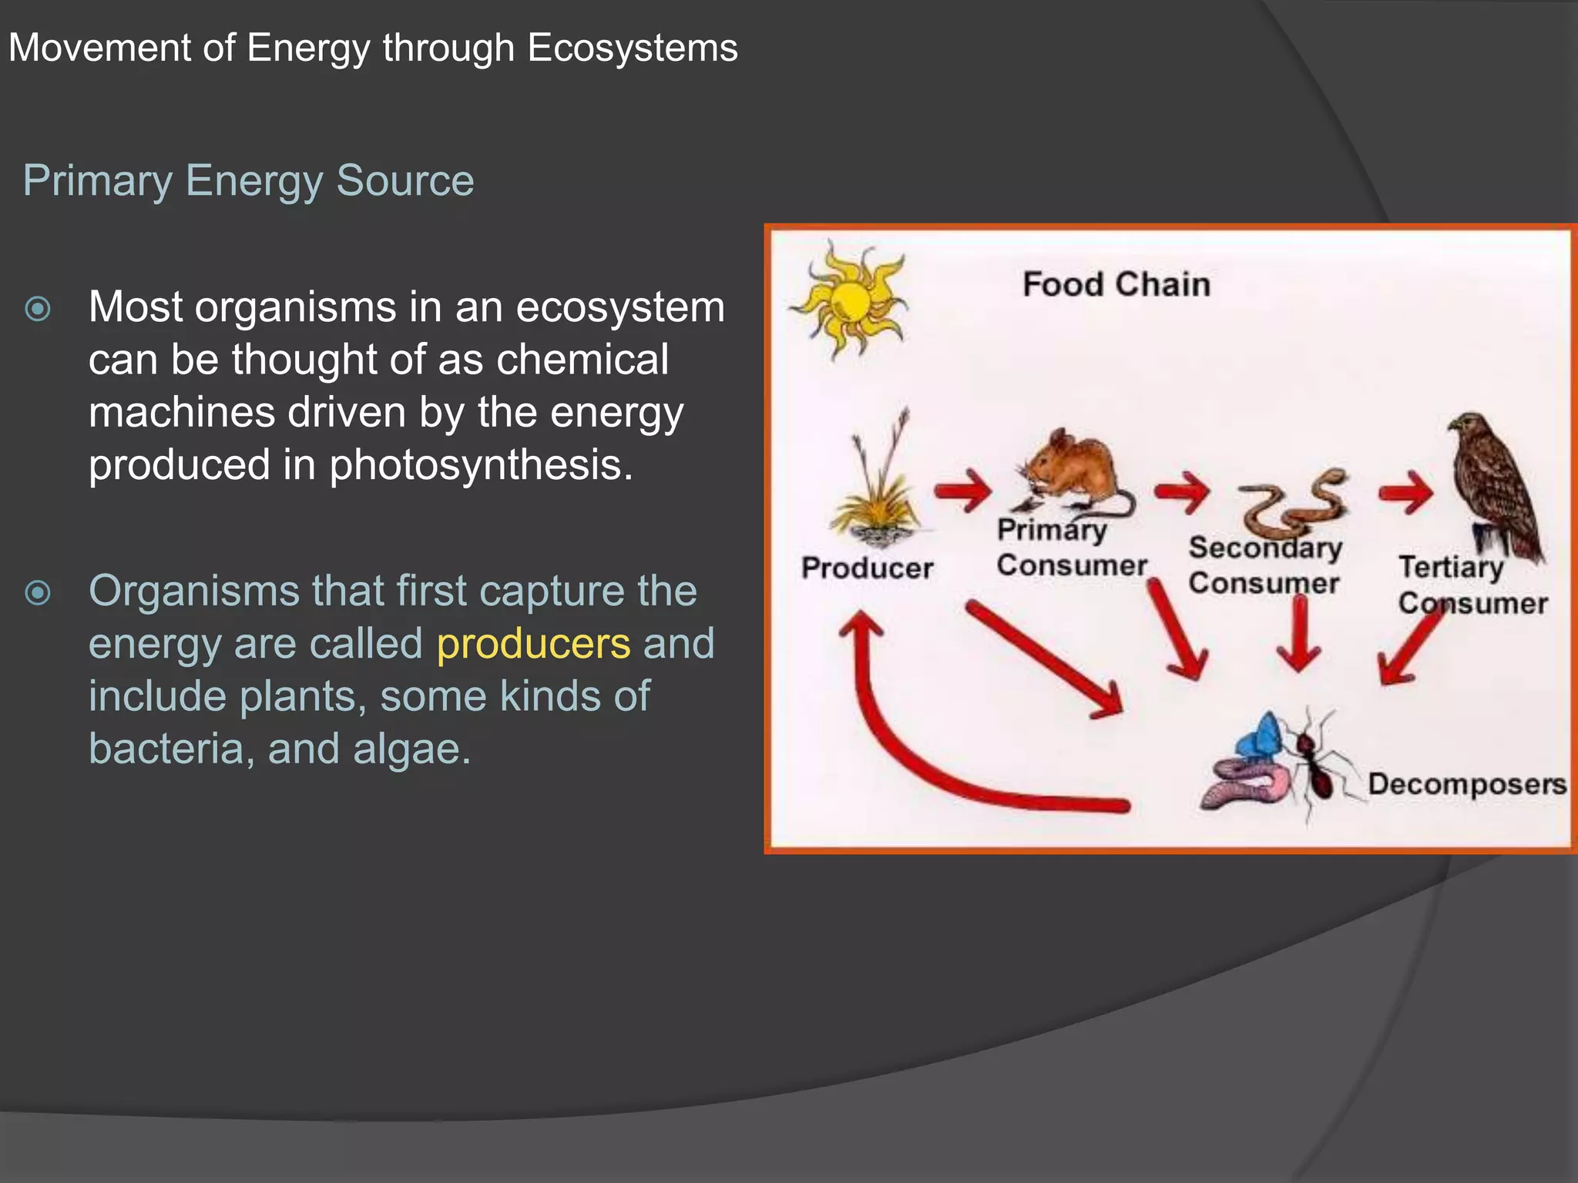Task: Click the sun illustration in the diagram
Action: (851, 300)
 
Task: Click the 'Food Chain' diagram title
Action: (1116, 285)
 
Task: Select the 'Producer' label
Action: (867, 568)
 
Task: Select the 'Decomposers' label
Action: (1466, 784)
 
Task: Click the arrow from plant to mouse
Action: (963, 490)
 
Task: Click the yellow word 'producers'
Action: (533, 644)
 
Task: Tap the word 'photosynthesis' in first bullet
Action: (481, 465)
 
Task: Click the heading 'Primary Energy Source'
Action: (248, 181)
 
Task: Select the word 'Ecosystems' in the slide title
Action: (632, 48)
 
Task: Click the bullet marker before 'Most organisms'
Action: (38, 309)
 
